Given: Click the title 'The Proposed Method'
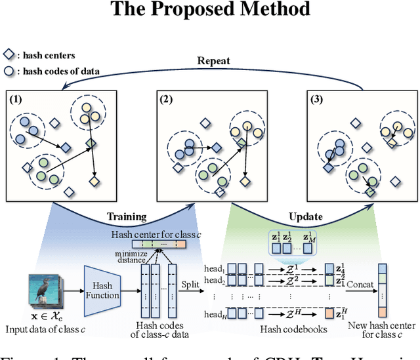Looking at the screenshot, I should coord(209,10).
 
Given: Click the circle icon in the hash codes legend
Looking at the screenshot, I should coord(10,71).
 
